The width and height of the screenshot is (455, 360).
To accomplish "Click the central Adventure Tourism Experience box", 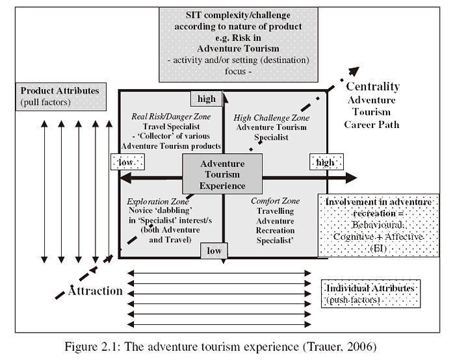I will (x=222, y=174).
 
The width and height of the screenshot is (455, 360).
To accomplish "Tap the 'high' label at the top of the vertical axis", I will (x=207, y=99).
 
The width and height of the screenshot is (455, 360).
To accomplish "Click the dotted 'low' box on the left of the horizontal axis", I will (x=127, y=161).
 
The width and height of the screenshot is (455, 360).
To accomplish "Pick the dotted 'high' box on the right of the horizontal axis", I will (x=323, y=161).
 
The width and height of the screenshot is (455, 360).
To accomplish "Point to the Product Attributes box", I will (x=60, y=96).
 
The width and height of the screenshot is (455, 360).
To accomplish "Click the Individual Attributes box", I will (x=371, y=292).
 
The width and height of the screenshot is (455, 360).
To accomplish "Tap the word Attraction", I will (x=96, y=290).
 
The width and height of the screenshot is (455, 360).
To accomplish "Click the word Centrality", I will (x=372, y=86).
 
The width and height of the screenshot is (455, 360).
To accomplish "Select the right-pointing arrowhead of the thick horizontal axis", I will (x=352, y=177).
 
